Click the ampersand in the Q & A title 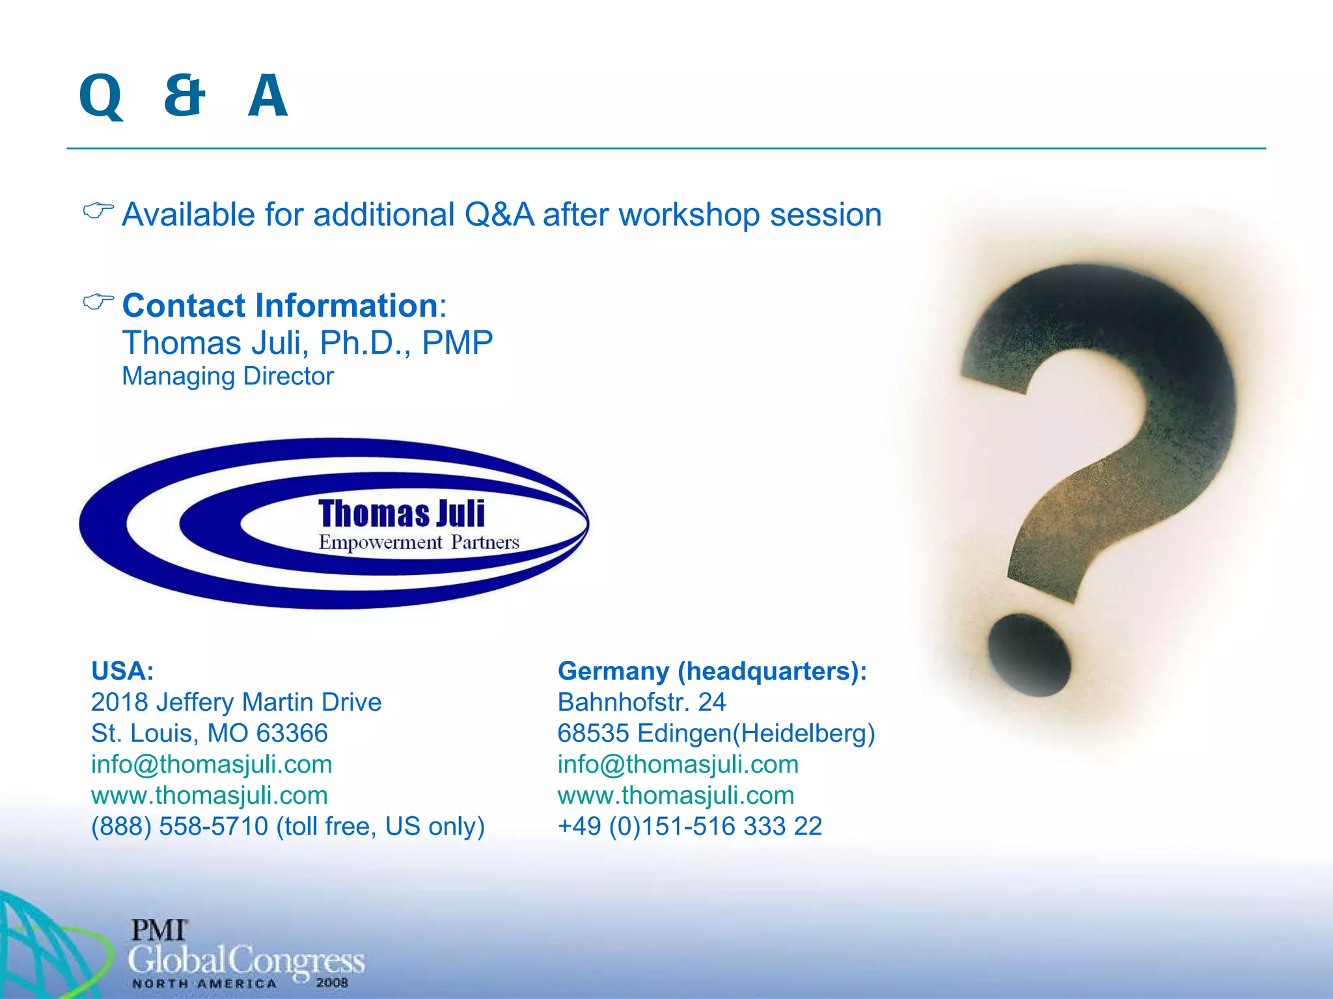pos(185,96)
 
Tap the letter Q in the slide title pos(101,97)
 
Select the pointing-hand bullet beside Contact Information pos(98,302)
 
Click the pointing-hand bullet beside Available pos(98,211)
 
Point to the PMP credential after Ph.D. pos(458,343)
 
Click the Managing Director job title pos(228,376)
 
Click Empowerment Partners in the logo pos(419,542)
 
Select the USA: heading pos(122,671)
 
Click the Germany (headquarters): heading pos(712,671)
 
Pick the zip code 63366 pos(292,733)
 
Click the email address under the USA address pos(212,764)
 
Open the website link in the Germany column pos(676,795)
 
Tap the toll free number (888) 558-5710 pos(179,826)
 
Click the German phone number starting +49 pos(689,826)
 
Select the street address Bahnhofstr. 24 pos(641,702)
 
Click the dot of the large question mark pos(1028,656)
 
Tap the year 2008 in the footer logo pos(332,982)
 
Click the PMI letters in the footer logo pos(159,930)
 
